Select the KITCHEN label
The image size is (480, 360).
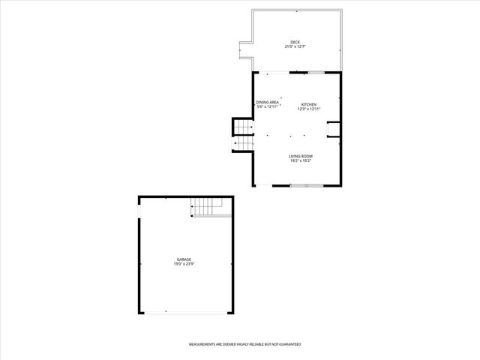(x=309, y=104)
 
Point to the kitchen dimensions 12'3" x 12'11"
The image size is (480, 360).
(x=309, y=109)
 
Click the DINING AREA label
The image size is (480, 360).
(x=267, y=102)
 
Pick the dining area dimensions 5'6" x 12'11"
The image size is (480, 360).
(x=267, y=107)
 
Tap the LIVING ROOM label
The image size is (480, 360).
(x=300, y=156)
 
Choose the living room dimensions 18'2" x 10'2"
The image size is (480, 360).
(x=300, y=161)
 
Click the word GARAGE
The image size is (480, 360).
(x=184, y=259)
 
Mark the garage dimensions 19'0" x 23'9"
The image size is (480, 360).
(x=184, y=264)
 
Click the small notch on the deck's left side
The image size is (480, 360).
(x=244, y=50)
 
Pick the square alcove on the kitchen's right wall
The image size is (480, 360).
(x=334, y=130)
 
